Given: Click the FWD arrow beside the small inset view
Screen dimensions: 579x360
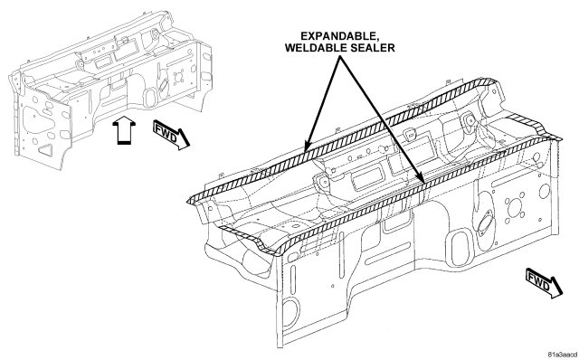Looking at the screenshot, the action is point(171,135).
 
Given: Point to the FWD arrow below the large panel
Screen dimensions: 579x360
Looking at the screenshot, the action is point(544,283).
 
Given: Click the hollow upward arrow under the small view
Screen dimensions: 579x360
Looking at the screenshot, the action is point(124,130).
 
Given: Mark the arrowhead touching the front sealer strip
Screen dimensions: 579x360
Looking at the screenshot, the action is point(420,176).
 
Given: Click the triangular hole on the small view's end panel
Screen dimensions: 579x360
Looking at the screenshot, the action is point(46,149).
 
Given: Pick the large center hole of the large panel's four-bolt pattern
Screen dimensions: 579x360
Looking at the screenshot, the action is point(514,208).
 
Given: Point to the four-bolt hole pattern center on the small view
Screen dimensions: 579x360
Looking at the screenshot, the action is point(178,78).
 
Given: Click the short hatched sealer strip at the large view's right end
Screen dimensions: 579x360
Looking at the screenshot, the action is point(535,128).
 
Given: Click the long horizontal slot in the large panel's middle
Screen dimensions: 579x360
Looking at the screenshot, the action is point(388,253).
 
